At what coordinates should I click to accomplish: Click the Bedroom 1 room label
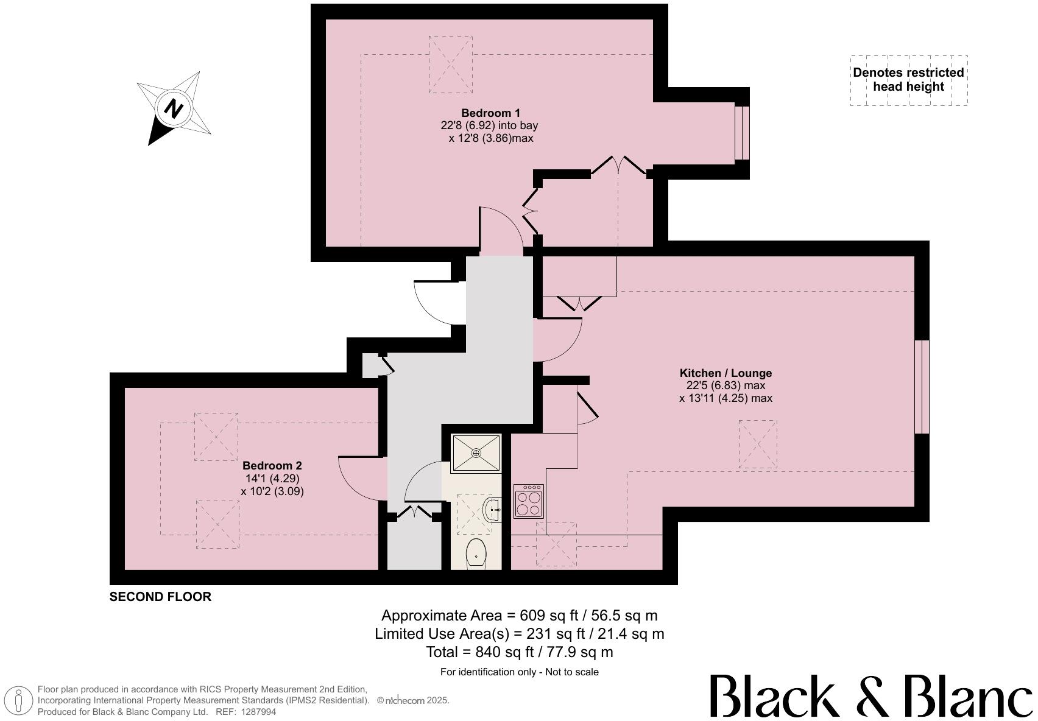(490, 113)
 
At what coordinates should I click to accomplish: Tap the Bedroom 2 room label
(272, 466)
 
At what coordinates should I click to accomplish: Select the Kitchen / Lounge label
(726, 373)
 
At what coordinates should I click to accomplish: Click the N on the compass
(174, 110)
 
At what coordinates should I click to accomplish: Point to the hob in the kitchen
(529, 501)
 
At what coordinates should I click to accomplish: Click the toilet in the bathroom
(476, 552)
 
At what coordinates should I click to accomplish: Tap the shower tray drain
(476, 452)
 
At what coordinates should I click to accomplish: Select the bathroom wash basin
(492, 510)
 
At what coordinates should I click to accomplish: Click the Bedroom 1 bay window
(742, 133)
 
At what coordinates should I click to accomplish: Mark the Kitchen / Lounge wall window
(922, 387)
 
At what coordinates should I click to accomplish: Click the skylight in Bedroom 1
(450, 65)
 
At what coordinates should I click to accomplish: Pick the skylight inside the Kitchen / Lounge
(758, 444)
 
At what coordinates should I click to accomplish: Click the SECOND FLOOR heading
(160, 597)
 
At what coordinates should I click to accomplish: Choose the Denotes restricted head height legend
(909, 80)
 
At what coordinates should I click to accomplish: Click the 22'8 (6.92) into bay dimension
(489, 125)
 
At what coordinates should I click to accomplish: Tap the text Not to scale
(572, 672)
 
